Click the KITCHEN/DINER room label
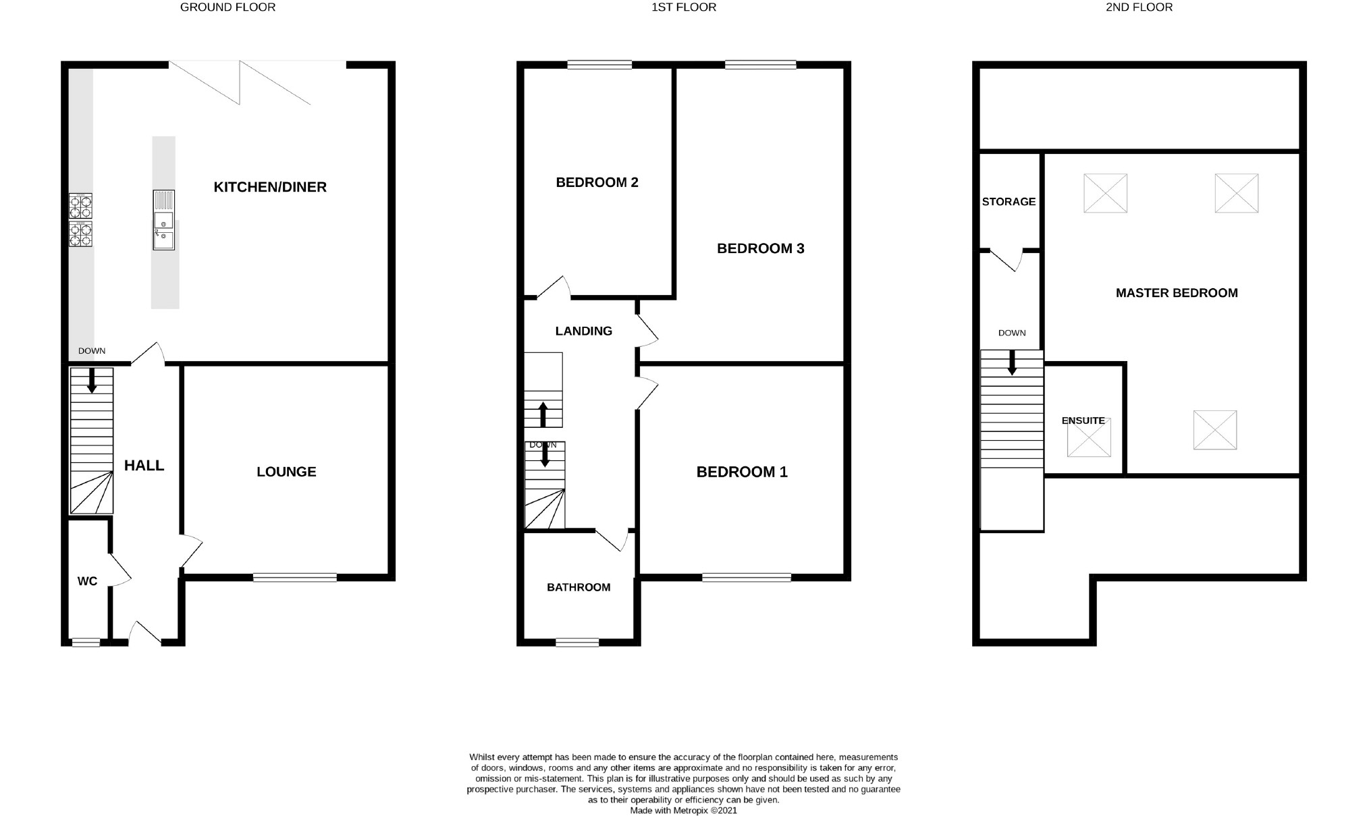coord(270,187)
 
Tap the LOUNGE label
coord(286,472)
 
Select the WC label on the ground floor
coord(87,581)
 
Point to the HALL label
coord(144,465)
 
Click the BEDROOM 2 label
coord(597,182)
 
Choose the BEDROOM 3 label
coord(760,248)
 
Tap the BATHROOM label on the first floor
coord(579,587)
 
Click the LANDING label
coord(583,331)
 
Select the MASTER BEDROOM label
coord(1176,293)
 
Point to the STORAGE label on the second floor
coord(1009,201)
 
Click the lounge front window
coord(295,577)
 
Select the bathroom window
coord(577,643)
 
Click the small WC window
coord(86,643)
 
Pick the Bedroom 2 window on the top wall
coord(599,65)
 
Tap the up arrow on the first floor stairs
coord(543,414)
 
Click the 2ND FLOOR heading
coord(1139,7)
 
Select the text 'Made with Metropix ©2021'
coord(683,811)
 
